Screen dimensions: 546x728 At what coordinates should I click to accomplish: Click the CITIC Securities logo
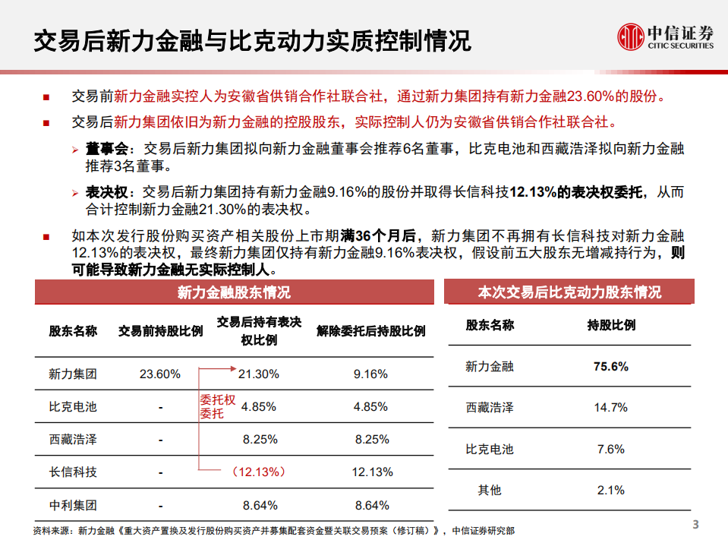tap(666, 36)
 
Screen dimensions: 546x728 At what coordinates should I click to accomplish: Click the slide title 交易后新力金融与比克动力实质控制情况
tap(251, 39)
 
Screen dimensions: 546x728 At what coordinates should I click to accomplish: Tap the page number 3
tap(695, 525)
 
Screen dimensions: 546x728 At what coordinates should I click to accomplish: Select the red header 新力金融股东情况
tap(234, 292)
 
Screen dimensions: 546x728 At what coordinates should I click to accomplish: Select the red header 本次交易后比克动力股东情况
tap(569, 292)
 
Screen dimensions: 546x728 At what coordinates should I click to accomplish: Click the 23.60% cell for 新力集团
tap(160, 374)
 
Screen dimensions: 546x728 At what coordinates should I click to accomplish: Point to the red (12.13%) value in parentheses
tap(259, 472)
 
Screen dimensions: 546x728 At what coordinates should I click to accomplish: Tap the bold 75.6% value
tap(610, 366)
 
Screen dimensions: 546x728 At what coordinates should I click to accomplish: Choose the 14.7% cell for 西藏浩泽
tap(610, 407)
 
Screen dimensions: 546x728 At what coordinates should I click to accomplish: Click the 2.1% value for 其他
tap(610, 490)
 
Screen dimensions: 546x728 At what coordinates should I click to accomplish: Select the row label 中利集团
tap(73, 504)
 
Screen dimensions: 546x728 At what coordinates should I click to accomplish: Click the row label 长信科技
tap(73, 472)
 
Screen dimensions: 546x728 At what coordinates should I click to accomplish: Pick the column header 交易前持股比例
tap(160, 331)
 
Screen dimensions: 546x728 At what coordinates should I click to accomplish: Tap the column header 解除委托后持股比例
tap(370, 331)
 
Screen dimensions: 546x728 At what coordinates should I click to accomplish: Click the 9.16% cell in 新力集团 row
tap(370, 374)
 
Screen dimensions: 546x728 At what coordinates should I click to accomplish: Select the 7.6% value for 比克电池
tap(610, 449)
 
